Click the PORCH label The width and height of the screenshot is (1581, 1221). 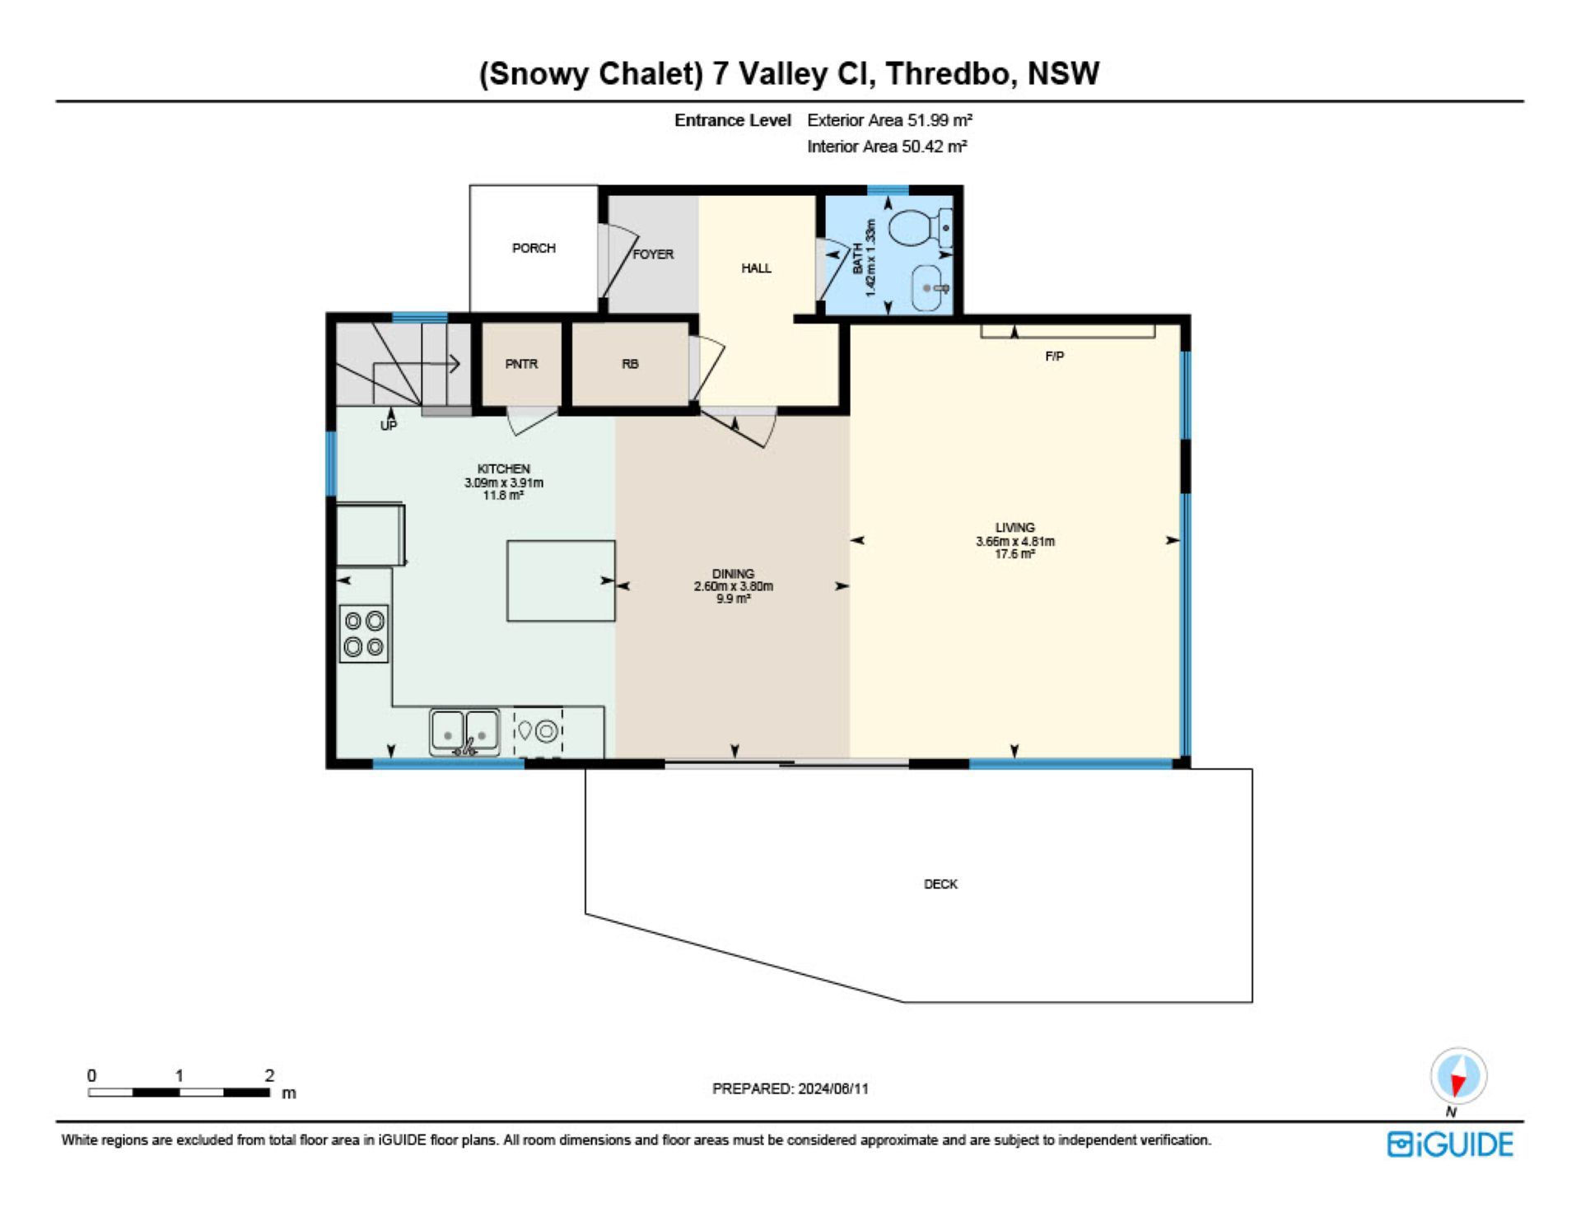[x=534, y=248]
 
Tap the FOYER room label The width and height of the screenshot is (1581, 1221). [x=653, y=254]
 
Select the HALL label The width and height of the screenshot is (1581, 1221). [x=756, y=268]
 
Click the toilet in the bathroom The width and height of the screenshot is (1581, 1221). [x=921, y=226]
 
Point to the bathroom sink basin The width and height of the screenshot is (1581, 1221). [x=931, y=288]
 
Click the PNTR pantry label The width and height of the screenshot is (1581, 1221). [x=521, y=364]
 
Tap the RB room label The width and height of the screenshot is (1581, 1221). [x=630, y=364]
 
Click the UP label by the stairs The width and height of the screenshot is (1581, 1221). [x=389, y=426]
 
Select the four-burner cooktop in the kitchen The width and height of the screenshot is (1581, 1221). [x=364, y=634]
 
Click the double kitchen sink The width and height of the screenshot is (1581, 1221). [x=464, y=732]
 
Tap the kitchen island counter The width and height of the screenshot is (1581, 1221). [x=561, y=580]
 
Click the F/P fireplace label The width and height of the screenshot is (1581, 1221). [x=1054, y=357]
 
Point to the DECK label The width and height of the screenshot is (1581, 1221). [x=940, y=884]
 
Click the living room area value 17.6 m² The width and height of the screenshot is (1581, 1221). [x=1014, y=554]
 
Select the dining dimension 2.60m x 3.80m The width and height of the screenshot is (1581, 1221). [x=733, y=586]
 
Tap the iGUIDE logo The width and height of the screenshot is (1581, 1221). [x=1450, y=1144]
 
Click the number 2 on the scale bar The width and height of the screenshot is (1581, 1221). [x=269, y=1075]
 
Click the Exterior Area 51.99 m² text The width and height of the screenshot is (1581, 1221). [x=889, y=120]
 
